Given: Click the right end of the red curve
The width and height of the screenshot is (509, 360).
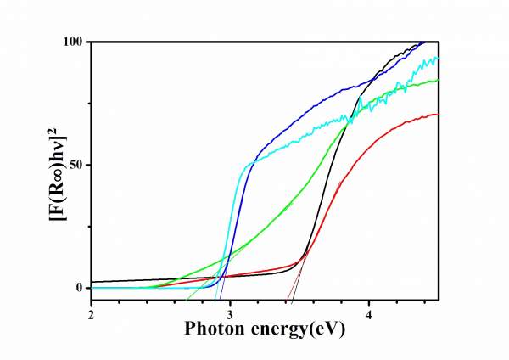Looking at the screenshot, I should coord(438,114).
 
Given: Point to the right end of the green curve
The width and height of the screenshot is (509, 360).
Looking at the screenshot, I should coord(438,81).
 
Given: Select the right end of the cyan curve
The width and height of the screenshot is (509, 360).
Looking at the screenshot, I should coord(438,58).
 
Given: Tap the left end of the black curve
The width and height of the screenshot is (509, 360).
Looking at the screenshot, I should coord(92,282).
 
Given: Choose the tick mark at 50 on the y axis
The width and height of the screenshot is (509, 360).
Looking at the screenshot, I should coord(93,165).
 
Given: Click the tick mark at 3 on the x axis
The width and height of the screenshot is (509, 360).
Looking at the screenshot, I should coord(231,297).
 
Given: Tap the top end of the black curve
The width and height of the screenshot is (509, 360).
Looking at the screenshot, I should coord(422,42).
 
